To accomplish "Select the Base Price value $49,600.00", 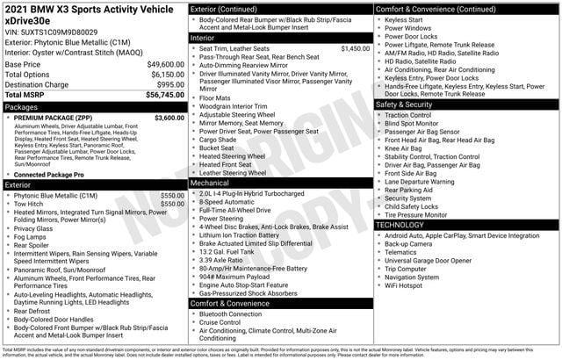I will (160, 65).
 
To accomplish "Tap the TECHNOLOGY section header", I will (400, 225).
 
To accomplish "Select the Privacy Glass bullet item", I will (33, 228).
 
